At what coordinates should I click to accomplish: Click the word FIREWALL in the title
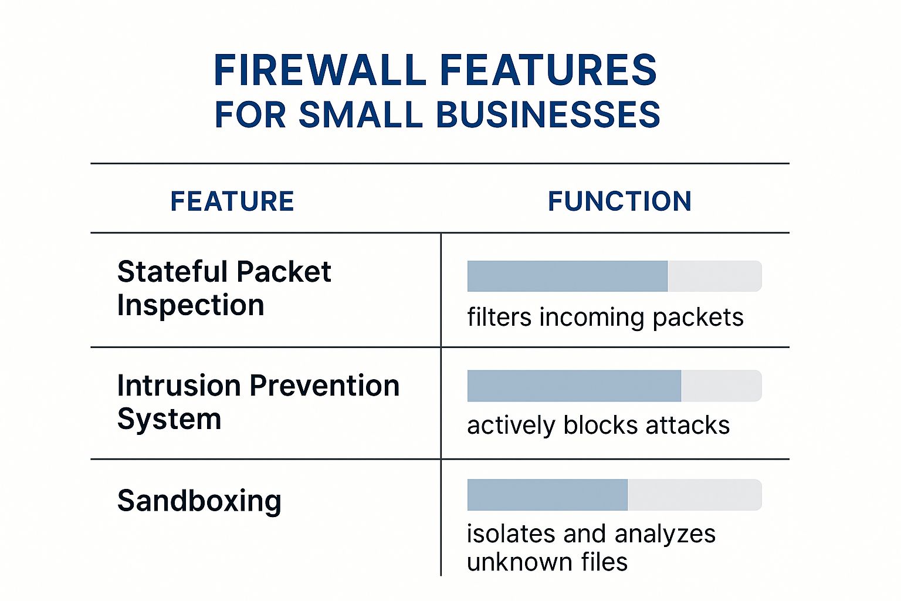tap(320, 70)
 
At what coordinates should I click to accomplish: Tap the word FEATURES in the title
tap(548, 70)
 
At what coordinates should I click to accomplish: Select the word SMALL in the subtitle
tap(360, 114)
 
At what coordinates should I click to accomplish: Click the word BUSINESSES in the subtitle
tap(548, 114)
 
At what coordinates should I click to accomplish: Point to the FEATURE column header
tap(232, 201)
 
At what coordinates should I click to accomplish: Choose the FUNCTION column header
tap(619, 201)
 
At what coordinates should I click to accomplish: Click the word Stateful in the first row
tap(172, 272)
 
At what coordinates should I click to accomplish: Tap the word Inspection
tap(191, 305)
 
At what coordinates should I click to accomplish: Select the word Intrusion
tap(179, 386)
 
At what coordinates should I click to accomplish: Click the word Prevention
tap(324, 386)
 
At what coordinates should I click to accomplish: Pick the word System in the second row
tap(169, 419)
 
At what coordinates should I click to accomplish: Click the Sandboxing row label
tap(199, 501)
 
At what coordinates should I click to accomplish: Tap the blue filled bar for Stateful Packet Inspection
tap(567, 276)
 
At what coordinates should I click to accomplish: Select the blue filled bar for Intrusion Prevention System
tap(574, 386)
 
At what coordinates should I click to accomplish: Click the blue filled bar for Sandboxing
tap(547, 495)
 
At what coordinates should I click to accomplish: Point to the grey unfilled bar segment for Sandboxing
tap(695, 495)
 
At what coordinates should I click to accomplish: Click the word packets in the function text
tap(697, 318)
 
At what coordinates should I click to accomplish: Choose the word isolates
tap(511, 534)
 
